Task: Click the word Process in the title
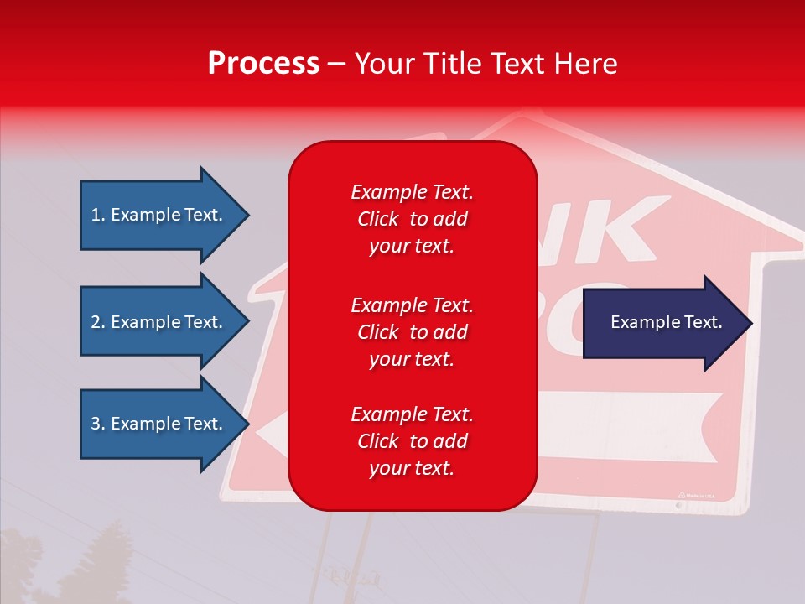click(263, 64)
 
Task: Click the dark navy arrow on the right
click(662, 322)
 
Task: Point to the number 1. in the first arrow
click(98, 215)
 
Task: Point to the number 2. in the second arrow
click(98, 322)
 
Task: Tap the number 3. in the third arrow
click(98, 424)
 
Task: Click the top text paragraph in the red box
click(412, 219)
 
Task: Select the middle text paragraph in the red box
click(412, 331)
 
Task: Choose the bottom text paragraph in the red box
click(412, 441)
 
